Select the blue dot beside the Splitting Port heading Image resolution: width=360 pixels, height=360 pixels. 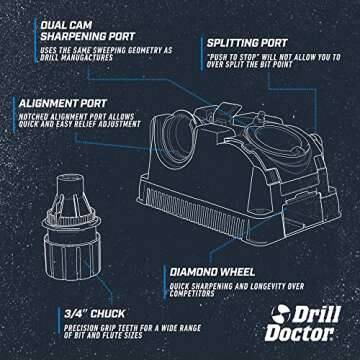point(199,45)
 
